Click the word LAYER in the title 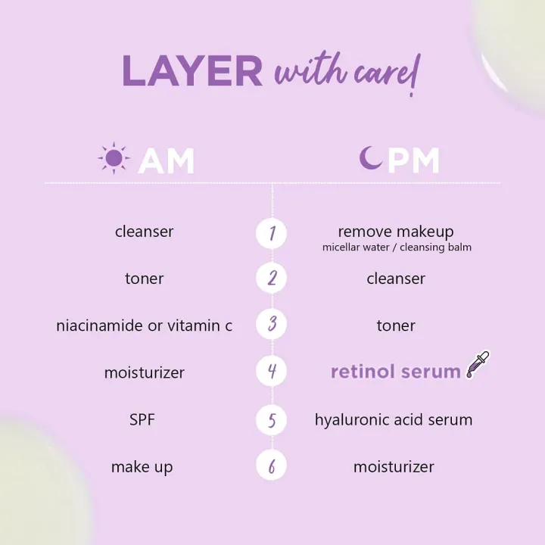pyautogui.click(x=192, y=72)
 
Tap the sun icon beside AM pyautogui.click(x=114, y=159)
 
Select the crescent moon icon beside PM pyautogui.click(x=370, y=159)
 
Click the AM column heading pyautogui.click(x=167, y=160)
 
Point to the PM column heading pyautogui.click(x=413, y=160)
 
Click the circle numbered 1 pyautogui.click(x=272, y=232)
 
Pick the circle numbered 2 pyautogui.click(x=272, y=279)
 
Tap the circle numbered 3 pyautogui.click(x=272, y=325)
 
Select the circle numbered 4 pyautogui.click(x=272, y=372)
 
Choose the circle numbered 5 pyautogui.click(x=272, y=419)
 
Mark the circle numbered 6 pyautogui.click(x=272, y=466)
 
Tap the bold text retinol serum pyautogui.click(x=396, y=372)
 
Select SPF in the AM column pyautogui.click(x=142, y=419)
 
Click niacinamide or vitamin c pyautogui.click(x=144, y=325)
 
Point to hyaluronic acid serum pyautogui.click(x=394, y=419)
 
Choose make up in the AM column pyautogui.click(x=142, y=467)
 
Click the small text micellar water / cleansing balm pyautogui.click(x=397, y=248)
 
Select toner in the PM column pyautogui.click(x=396, y=325)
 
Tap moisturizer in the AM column pyautogui.click(x=144, y=372)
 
